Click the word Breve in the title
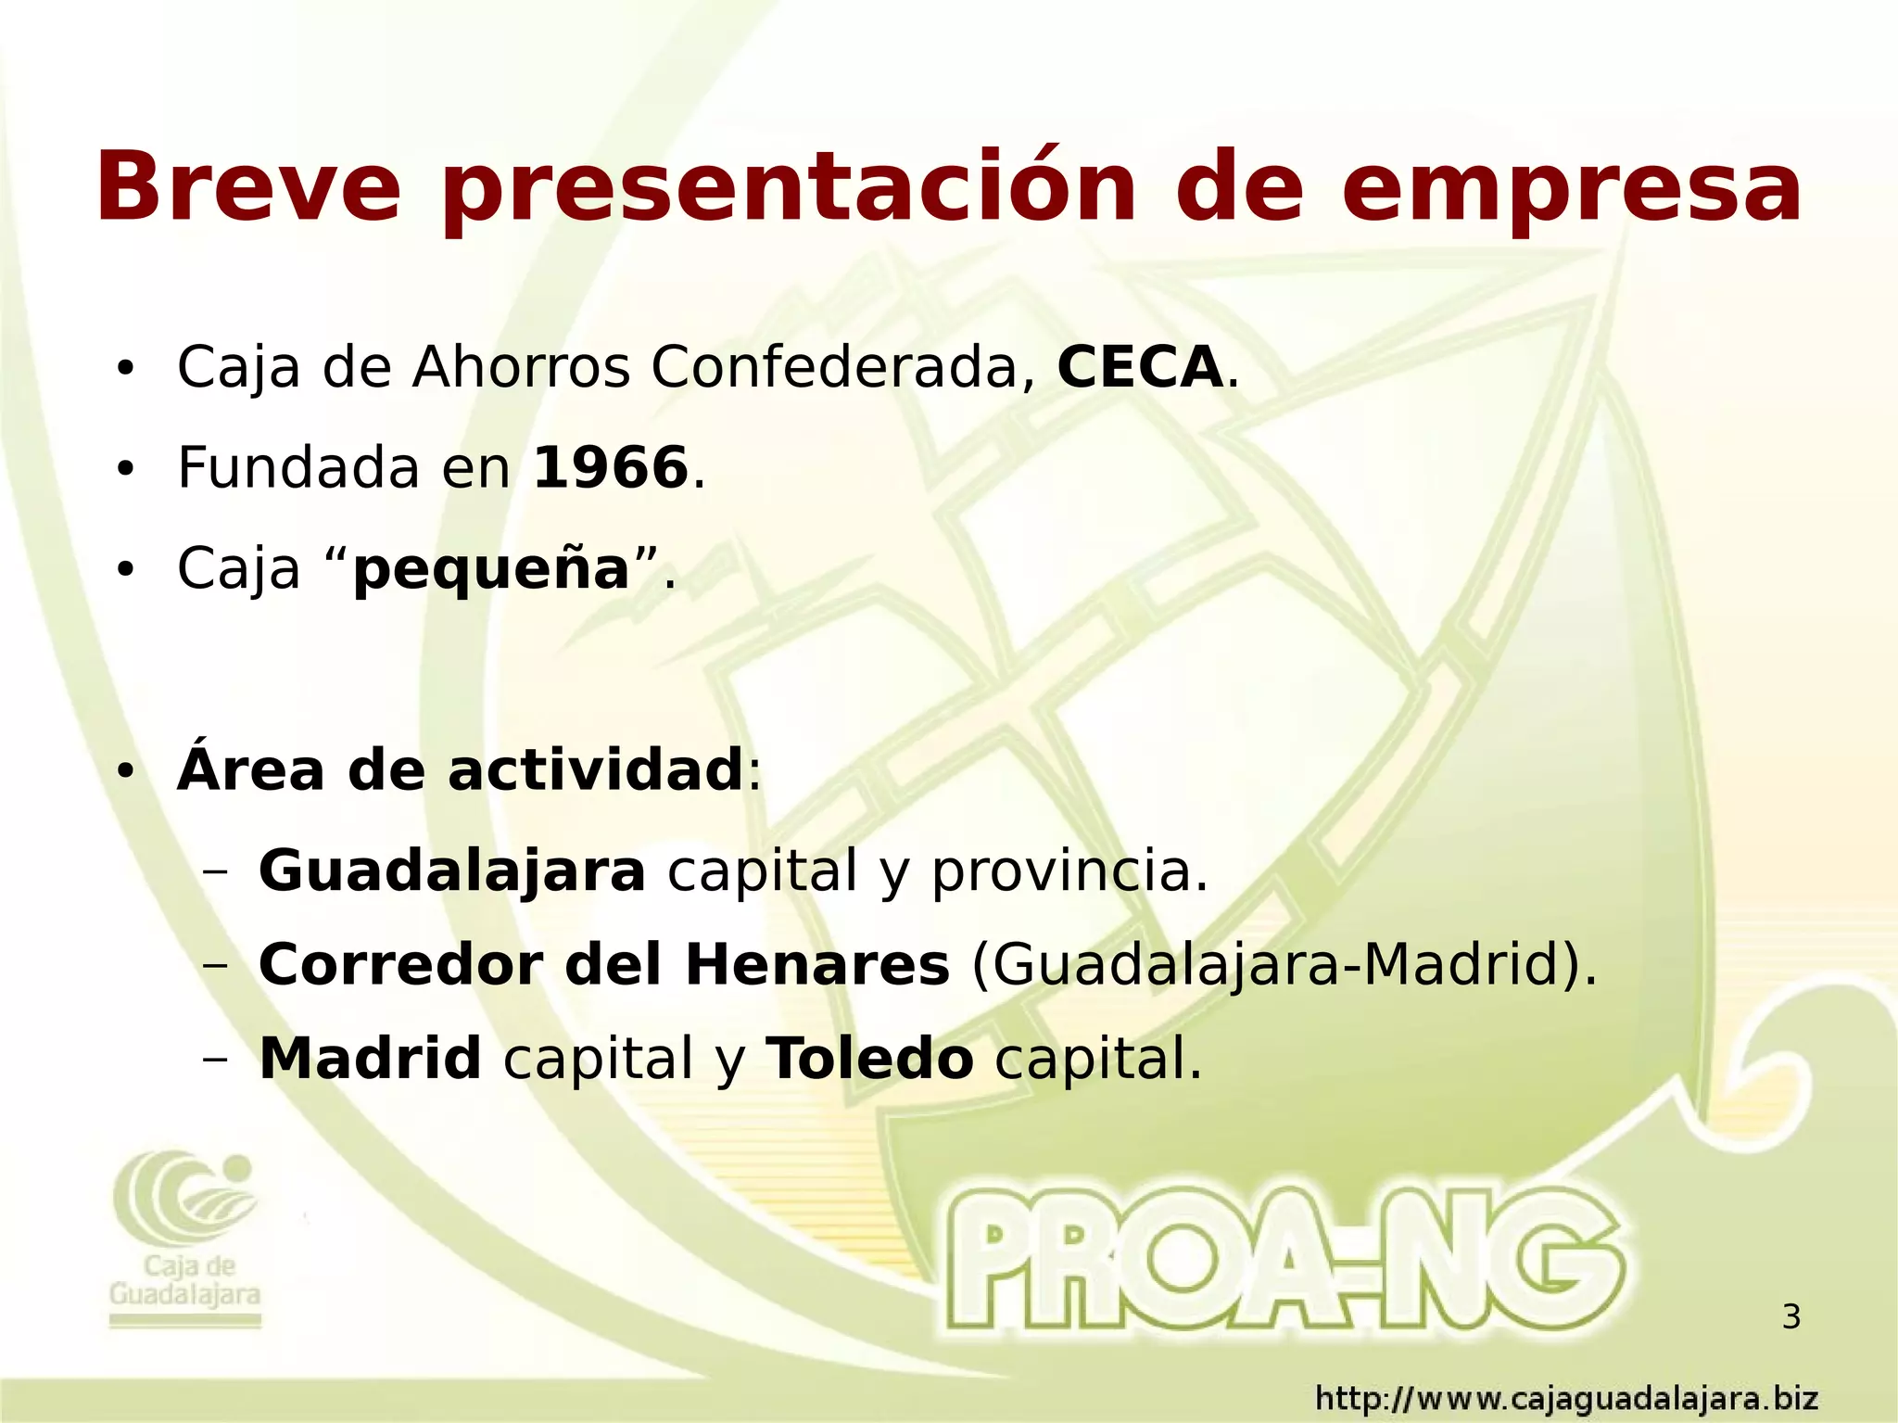[x=248, y=187]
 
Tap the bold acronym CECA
[x=1140, y=367]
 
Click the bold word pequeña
[x=491, y=569]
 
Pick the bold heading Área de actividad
[x=460, y=769]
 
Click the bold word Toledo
[x=869, y=1059]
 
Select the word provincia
[x=1069, y=871]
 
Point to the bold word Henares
[x=816, y=965]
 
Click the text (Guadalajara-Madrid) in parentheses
[x=1284, y=965]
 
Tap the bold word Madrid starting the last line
[x=370, y=1059]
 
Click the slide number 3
[x=1790, y=1317]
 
